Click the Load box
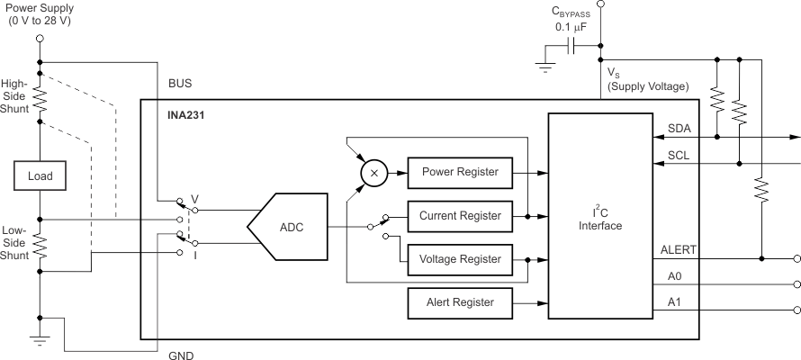pos(40,176)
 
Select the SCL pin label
pos(679,155)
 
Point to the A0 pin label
pos(674,275)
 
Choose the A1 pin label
pos(674,301)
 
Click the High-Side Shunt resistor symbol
pos(40,98)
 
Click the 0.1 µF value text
pos(571,28)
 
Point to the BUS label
pos(180,83)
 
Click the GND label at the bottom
pos(180,355)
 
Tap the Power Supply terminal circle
pos(40,39)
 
